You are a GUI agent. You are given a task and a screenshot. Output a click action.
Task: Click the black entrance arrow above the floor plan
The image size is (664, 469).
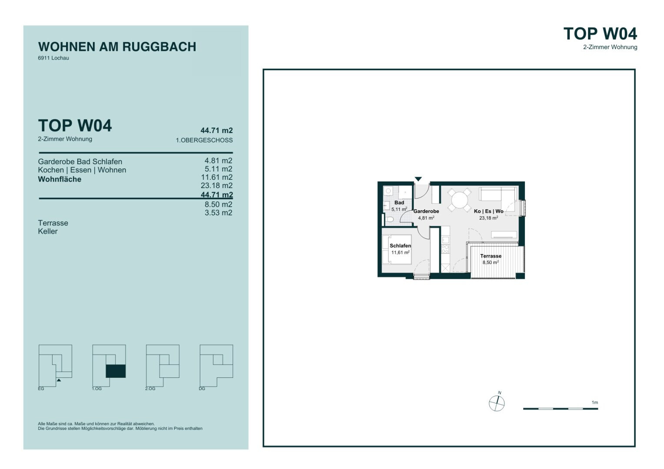[418, 179]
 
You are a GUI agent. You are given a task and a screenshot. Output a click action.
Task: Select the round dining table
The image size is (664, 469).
[459, 200]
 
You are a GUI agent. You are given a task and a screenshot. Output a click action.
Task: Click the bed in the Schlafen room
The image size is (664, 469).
[397, 249]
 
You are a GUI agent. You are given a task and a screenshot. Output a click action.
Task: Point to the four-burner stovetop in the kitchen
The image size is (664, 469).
[445, 249]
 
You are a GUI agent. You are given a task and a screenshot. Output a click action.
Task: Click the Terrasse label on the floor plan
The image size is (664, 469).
[491, 256]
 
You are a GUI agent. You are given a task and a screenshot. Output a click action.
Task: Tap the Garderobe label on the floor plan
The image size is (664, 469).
[426, 211]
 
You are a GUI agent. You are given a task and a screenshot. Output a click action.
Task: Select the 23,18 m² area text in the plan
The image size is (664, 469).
[488, 218]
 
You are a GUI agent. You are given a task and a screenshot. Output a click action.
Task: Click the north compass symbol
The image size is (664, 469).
[497, 403]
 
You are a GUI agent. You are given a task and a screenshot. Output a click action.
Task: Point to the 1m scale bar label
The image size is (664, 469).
[594, 402]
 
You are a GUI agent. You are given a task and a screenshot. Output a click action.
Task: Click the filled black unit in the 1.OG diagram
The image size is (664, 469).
[116, 371]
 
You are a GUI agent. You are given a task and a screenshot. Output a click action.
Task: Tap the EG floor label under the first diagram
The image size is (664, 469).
[41, 388]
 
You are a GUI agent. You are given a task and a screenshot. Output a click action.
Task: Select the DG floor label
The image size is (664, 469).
[202, 388]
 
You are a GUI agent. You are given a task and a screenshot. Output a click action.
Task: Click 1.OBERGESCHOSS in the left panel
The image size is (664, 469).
[204, 140]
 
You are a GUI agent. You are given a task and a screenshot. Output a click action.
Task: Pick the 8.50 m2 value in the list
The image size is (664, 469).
[219, 205]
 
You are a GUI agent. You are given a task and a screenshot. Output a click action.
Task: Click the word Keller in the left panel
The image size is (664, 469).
[48, 231]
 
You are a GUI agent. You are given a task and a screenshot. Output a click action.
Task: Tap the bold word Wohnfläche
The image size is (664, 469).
[60, 179]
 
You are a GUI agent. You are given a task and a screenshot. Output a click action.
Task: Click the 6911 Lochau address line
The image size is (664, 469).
[53, 58]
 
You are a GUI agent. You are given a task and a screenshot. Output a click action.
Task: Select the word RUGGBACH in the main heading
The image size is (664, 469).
[159, 47]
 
